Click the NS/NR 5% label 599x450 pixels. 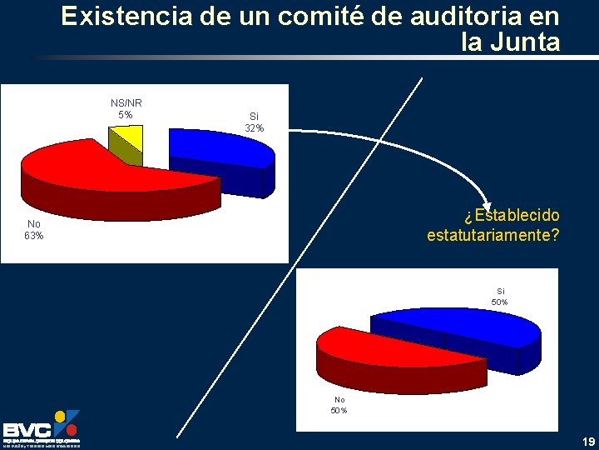pyautogui.click(x=126, y=108)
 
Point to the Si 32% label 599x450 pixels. pyautogui.click(x=255, y=122)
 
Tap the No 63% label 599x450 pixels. pyautogui.click(x=34, y=229)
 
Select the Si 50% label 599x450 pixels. pyautogui.click(x=500, y=296)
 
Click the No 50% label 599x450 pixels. pyautogui.click(x=339, y=404)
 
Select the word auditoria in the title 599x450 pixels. pyautogui.click(x=453, y=17)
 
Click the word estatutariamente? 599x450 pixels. pyautogui.click(x=493, y=236)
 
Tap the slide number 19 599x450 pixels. pyautogui.click(x=588, y=441)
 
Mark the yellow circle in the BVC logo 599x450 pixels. pyautogui.click(x=59, y=415)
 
